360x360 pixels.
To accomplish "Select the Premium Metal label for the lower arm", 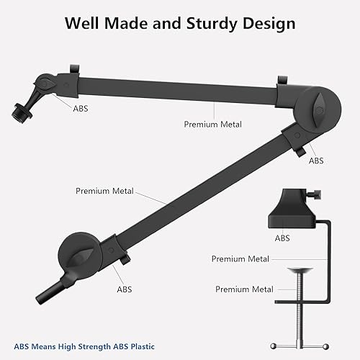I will pos(102,191).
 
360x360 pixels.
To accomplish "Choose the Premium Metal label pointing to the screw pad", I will pos(244,289).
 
